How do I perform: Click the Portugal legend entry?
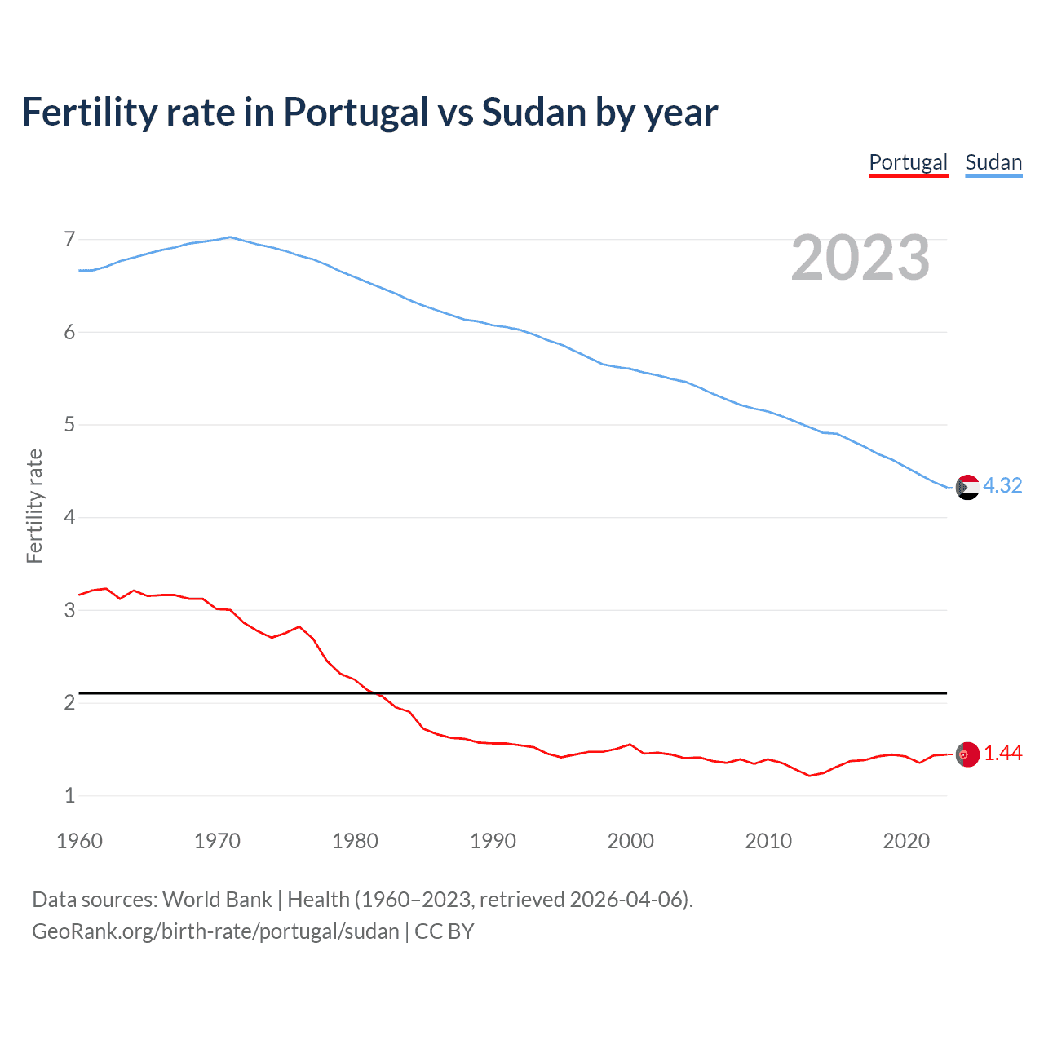pos(908,162)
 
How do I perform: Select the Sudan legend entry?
pos(993,162)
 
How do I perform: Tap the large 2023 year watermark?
pos(860,258)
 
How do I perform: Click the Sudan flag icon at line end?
pos(967,487)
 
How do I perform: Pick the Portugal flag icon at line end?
pos(967,754)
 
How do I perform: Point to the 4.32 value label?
pos(1002,485)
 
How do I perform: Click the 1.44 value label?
pos(1002,753)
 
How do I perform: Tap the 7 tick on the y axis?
pos(69,239)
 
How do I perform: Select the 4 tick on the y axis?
pos(69,517)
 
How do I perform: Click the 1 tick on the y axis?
pos(69,795)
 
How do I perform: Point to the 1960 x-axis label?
pos(79,841)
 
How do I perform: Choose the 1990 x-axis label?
pos(493,841)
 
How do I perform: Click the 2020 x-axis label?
pos(906,841)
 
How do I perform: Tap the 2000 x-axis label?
pos(630,841)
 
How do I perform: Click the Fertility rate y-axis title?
pos(34,506)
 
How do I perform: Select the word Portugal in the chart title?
pos(356,113)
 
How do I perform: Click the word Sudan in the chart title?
pos(533,113)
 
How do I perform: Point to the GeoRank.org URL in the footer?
pos(215,931)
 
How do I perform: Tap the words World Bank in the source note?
pos(217,900)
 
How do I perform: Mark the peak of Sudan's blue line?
pos(230,237)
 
